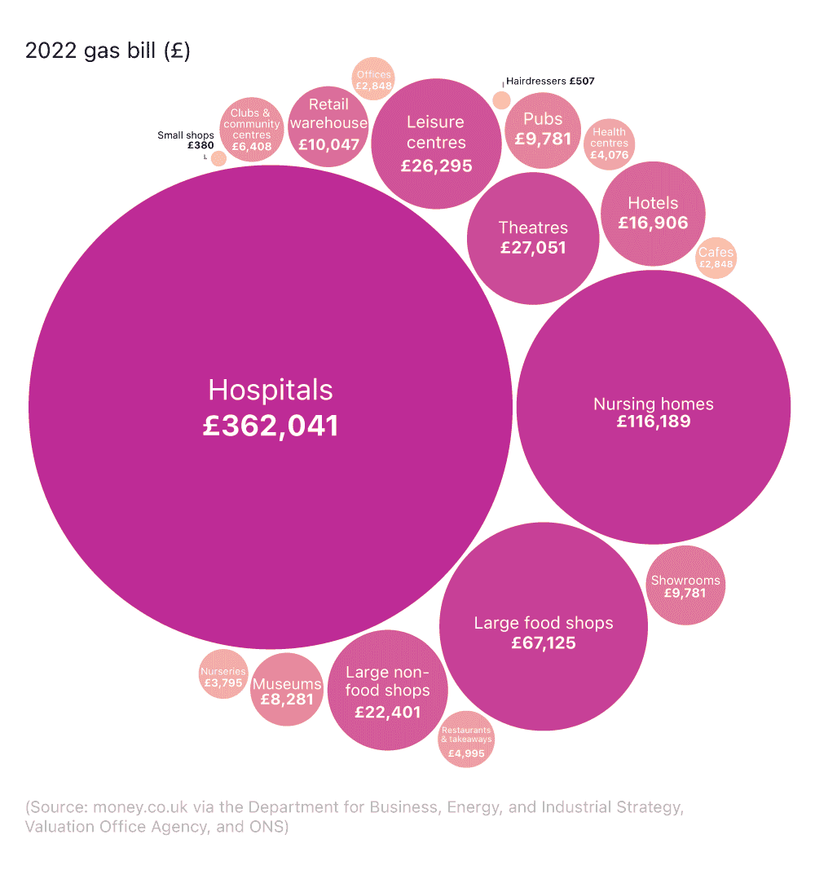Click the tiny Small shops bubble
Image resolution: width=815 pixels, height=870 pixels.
[218, 158]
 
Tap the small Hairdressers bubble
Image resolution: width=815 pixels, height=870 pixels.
[502, 100]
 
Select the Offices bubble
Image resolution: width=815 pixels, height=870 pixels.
[374, 80]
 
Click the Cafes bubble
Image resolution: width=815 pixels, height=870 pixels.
[716, 258]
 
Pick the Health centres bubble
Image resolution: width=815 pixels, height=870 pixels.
[609, 144]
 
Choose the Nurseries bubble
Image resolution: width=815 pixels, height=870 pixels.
[222, 677]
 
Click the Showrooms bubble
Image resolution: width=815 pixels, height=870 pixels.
[685, 585]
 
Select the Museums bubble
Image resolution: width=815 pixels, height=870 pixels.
[287, 690]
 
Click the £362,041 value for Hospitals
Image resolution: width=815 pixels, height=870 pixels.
[271, 426]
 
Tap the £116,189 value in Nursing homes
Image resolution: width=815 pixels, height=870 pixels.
[653, 422]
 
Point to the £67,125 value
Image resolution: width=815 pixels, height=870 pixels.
[544, 643]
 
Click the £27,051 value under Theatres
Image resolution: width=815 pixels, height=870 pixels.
[533, 248]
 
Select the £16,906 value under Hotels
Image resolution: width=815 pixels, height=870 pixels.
[653, 223]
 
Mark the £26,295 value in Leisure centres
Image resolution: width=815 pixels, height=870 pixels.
[436, 166]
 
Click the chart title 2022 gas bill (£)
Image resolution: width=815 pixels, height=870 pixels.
[108, 51]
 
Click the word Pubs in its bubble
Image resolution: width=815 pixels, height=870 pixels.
[543, 119]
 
